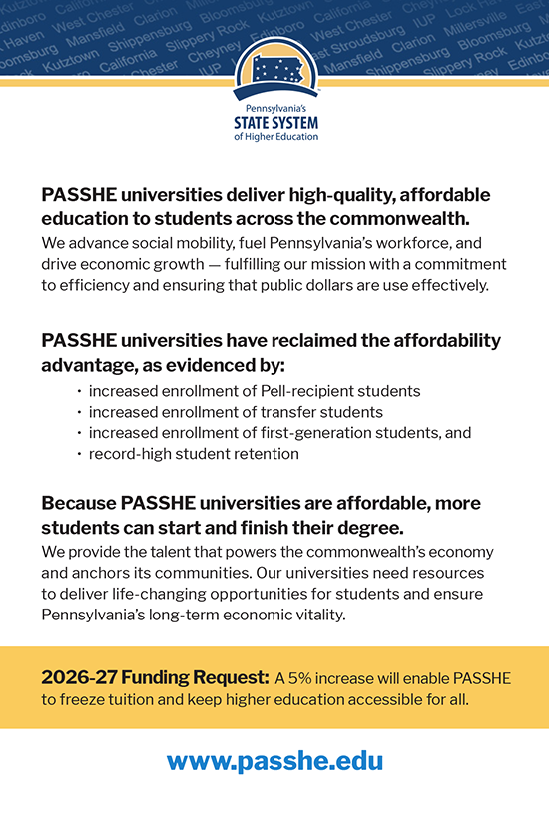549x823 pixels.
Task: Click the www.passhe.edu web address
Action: pyautogui.click(x=274, y=761)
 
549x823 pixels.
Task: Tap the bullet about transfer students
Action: pyautogui.click(x=236, y=411)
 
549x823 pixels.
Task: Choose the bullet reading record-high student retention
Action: pyautogui.click(x=193, y=454)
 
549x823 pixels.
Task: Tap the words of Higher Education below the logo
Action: pyautogui.click(x=274, y=137)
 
